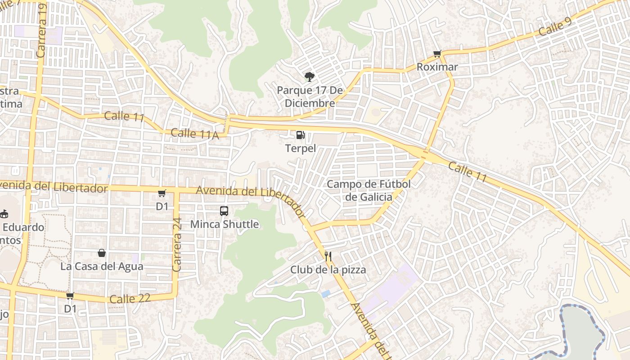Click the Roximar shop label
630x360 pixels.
437,67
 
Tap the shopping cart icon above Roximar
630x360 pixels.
437,54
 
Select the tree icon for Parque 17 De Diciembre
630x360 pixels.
309,77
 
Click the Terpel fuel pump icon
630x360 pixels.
300,135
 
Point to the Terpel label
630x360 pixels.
300,148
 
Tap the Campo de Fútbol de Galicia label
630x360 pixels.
369,190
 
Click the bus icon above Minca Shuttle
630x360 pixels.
224,211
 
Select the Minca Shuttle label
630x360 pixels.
225,224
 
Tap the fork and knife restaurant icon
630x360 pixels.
328,257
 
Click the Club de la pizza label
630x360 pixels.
328,270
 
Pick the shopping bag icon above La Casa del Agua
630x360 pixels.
102,253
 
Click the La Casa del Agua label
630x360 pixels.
102,266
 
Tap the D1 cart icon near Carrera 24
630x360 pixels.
162,193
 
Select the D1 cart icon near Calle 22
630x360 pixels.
70,296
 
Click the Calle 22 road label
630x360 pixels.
130,299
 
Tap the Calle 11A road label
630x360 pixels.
194,134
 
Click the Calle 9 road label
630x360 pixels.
554,28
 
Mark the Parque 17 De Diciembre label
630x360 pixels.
310,97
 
